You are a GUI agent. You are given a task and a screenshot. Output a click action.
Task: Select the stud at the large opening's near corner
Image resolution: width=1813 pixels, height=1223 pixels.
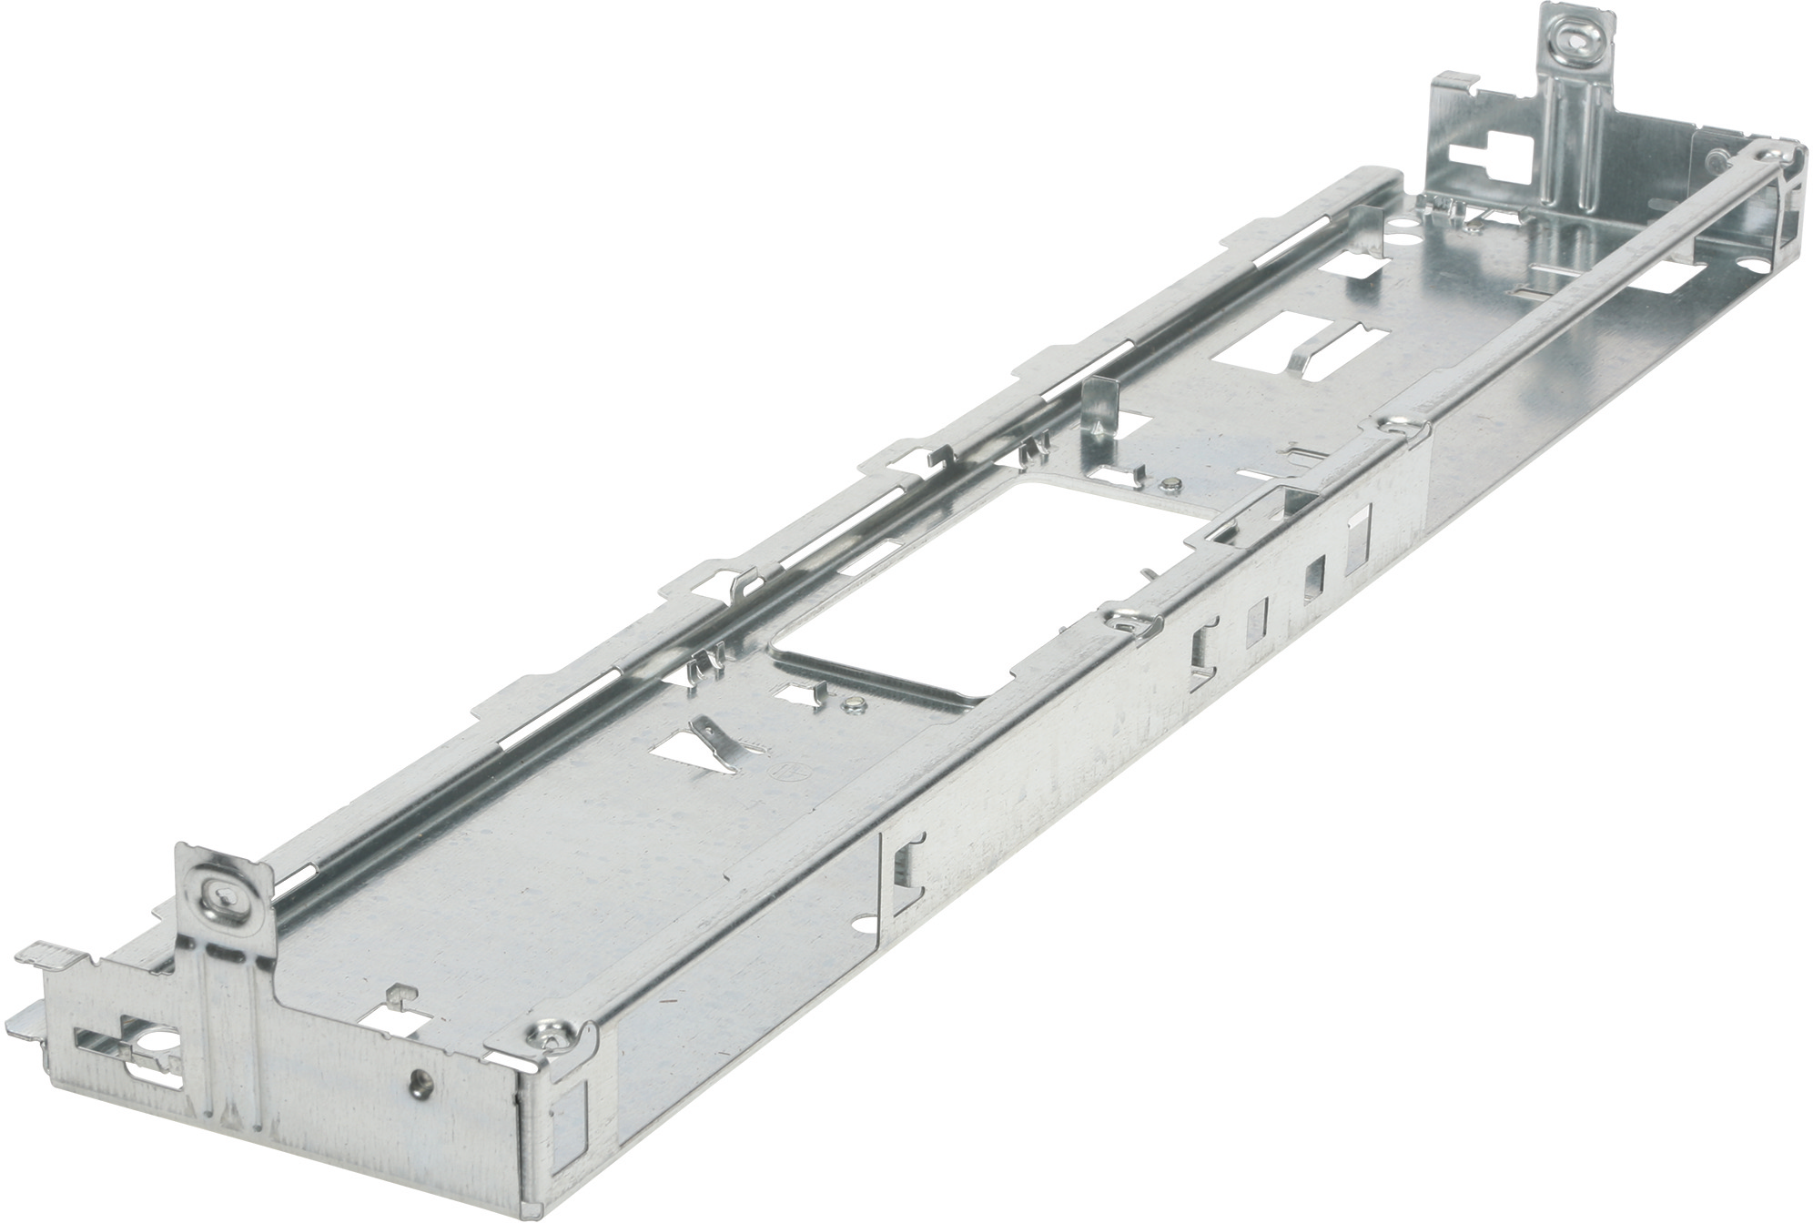point(854,703)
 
